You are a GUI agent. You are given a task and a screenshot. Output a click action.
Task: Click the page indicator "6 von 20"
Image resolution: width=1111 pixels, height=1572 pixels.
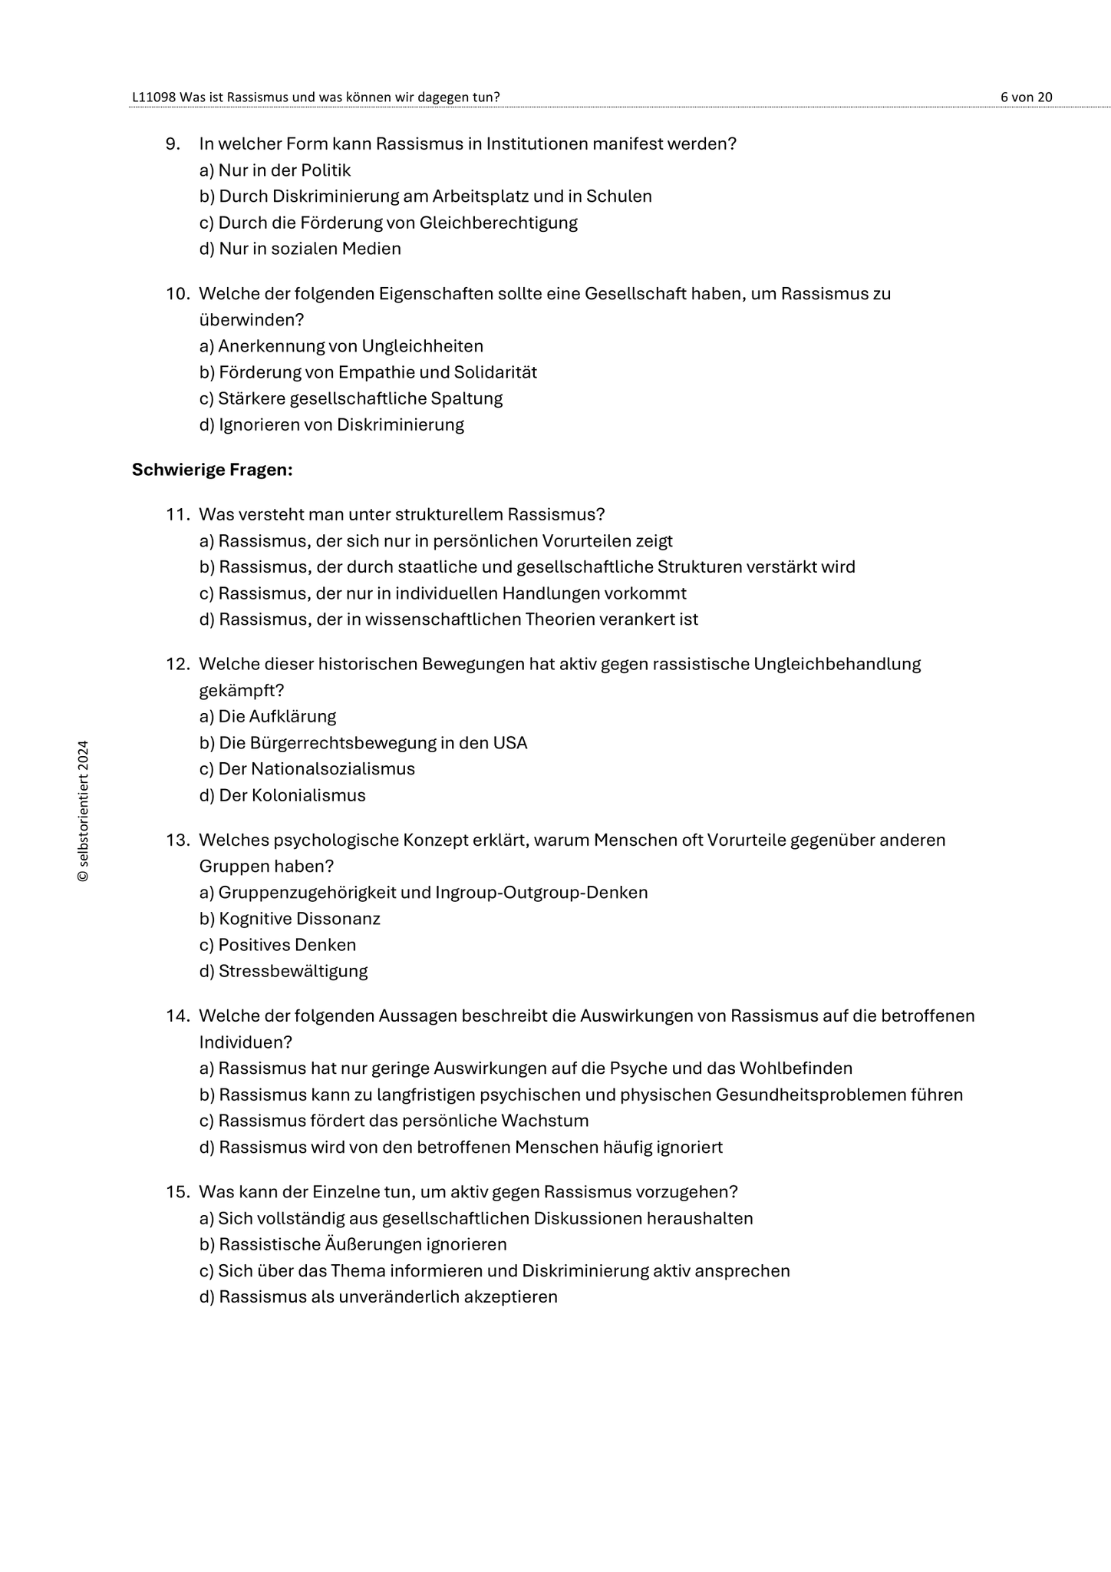tap(1026, 97)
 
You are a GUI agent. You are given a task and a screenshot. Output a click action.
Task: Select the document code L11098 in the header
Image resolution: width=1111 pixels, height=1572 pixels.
tap(154, 97)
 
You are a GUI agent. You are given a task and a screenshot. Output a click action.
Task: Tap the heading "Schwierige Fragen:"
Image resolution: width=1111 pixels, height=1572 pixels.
tap(213, 469)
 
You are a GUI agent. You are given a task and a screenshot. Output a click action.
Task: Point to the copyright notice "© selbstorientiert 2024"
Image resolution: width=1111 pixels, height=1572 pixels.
tap(83, 811)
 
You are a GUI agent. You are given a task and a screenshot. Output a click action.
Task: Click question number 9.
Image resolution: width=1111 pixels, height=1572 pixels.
tap(173, 144)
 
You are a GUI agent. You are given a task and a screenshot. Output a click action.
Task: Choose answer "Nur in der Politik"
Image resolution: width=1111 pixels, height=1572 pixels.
tap(275, 170)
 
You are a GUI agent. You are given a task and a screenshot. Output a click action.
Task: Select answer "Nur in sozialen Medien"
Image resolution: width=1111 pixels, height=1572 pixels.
tap(300, 249)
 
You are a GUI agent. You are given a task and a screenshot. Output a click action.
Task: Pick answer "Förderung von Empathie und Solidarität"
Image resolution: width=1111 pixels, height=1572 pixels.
tap(368, 372)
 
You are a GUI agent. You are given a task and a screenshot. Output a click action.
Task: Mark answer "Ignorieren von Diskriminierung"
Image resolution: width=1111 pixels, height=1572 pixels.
tap(332, 424)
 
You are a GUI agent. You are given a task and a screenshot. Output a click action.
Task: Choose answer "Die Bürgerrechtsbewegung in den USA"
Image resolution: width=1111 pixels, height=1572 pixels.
tap(364, 743)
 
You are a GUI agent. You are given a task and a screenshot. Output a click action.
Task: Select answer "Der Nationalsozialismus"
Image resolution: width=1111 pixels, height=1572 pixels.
tap(308, 768)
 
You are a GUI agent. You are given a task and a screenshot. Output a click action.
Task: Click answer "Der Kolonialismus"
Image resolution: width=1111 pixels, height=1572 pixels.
tap(283, 795)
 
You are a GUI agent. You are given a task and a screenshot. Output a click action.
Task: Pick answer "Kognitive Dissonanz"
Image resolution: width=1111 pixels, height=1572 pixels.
tap(290, 919)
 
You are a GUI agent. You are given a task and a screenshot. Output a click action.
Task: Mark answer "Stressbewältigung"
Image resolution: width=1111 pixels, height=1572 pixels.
tap(284, 971)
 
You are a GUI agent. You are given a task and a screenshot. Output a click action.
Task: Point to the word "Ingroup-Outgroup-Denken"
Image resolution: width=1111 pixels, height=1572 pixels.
tap(541, 893)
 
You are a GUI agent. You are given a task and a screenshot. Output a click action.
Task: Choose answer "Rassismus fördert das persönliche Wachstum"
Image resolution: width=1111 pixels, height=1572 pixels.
tap(394, 1121)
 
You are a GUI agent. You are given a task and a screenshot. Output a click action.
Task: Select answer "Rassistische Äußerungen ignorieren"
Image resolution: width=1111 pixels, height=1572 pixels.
tap(354, 1244)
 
